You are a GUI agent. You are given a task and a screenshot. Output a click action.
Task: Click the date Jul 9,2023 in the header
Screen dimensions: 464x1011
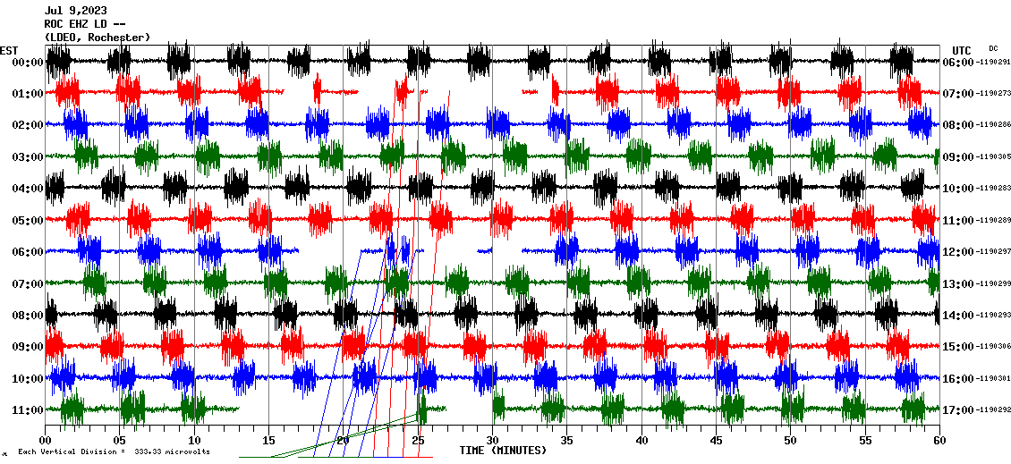(x=75, y=11)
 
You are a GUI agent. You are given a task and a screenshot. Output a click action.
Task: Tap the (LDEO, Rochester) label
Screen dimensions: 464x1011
(x=97, y=38)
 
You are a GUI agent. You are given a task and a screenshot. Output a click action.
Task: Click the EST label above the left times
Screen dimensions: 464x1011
(x=9, y=50)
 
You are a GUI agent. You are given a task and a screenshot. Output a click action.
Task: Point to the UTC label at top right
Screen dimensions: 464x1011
(x=962, y=50)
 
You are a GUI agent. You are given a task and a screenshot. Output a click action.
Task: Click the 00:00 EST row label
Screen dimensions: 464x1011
(x=28, y=63)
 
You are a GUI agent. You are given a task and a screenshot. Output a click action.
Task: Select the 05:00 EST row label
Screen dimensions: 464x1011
(x=28, y=220)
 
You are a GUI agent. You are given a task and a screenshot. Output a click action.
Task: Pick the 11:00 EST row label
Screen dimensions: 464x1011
(x=28, y=410)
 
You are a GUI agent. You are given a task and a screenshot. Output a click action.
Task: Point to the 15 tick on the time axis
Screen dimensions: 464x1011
(x=268, y=441)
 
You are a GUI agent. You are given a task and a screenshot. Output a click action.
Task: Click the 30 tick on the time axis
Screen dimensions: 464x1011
(x=492, y=441)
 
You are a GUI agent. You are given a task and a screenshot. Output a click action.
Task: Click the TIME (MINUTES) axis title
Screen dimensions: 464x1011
(x=503, y=451)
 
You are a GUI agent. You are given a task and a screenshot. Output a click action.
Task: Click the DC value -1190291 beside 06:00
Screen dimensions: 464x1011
(x=994, y=63)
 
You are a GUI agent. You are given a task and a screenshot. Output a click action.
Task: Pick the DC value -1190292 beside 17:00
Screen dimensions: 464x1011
(x=994, y=410)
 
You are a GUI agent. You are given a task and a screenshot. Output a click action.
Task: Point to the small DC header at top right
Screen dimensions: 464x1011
(x=993, y=48)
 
